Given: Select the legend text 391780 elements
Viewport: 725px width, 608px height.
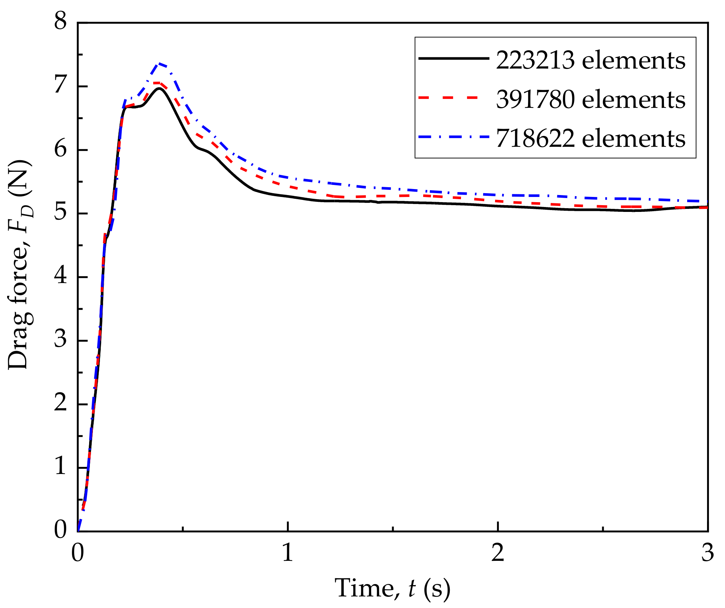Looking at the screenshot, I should (591, 100).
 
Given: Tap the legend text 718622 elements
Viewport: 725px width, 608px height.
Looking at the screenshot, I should (591, 139).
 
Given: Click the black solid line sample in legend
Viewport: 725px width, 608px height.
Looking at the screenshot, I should (453, 58).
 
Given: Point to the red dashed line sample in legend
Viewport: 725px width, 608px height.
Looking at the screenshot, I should (453, 98).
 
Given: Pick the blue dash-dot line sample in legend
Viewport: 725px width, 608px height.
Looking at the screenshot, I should (453, 137).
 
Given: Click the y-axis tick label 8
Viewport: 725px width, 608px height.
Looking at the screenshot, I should (60, 21).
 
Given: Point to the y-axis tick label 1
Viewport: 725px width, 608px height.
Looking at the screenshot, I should (60, 467).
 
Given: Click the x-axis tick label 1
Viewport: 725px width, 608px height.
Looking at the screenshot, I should (287, 553).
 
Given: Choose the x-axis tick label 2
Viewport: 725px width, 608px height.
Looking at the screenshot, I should (498, 553).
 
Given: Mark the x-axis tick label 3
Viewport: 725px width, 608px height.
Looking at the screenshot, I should (707, 553).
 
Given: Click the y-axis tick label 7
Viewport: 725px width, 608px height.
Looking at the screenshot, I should (60, 86).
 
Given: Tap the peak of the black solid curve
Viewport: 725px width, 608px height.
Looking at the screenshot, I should (160, 88).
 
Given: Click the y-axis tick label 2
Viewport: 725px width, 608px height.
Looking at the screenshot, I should (60, 404).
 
